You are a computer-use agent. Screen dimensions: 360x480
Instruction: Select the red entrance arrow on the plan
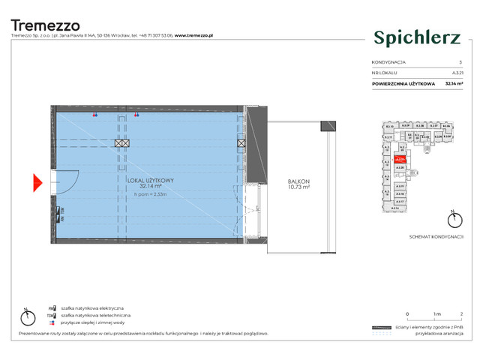[38, 181]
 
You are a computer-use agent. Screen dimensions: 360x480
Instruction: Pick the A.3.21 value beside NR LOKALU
[456, 73]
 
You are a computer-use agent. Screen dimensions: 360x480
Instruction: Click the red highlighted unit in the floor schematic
[400, 158]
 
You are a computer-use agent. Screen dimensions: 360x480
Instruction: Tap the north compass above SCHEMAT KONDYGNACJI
[452, 220]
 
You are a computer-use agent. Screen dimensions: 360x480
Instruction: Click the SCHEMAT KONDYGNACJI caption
[438, 236]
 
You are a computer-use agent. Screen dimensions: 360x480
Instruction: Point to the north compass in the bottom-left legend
[27, 312]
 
